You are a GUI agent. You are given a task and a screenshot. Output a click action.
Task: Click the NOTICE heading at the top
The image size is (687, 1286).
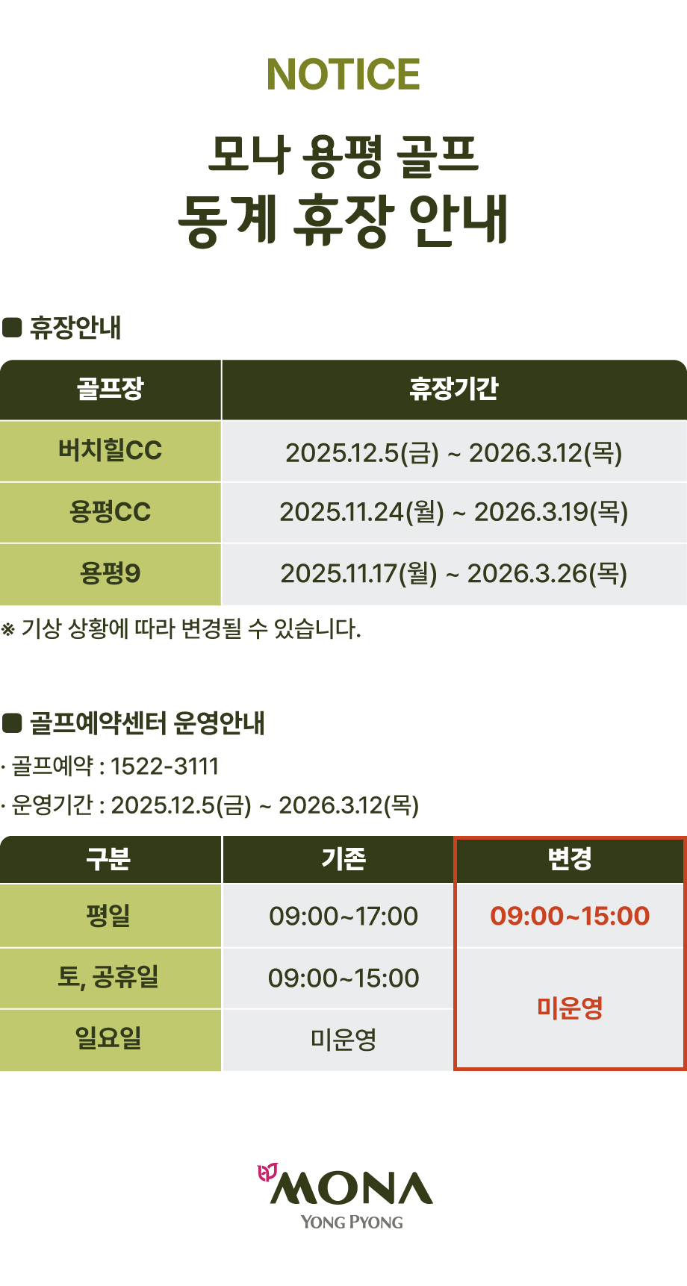(343, 74)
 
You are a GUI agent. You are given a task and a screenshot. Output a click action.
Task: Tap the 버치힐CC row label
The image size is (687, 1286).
(110, 451)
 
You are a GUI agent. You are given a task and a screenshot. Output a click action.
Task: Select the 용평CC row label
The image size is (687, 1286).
(110, 512)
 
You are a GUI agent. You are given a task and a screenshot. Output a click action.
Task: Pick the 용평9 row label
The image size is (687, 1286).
(110, 573)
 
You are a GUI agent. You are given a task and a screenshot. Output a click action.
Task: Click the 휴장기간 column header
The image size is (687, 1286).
(453, 389)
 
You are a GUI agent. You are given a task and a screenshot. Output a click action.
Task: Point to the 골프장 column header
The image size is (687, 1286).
(110, 389)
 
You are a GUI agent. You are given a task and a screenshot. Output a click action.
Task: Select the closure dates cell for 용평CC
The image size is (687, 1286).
(454, 512)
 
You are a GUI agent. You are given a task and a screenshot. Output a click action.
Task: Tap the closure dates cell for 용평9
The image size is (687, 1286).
(454, 573)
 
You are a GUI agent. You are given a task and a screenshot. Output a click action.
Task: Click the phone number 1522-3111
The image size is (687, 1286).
(164, 767)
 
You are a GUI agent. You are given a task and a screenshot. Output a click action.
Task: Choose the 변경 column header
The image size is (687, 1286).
(570, 859)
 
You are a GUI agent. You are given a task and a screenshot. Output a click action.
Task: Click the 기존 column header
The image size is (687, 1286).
(343, 859)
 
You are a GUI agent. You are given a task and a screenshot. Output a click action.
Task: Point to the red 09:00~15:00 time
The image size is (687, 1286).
(570, 916)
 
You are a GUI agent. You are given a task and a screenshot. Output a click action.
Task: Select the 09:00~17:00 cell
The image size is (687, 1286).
(343, 916)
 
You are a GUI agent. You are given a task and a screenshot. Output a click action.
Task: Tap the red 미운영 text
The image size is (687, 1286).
(570, 1008)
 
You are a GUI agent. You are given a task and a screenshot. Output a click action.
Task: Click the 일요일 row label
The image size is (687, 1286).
(109, 1038)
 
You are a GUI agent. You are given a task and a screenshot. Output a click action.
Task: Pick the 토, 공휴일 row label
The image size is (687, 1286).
(109, 977)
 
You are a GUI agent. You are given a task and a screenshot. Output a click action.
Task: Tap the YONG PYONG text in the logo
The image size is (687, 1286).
(352, 1223)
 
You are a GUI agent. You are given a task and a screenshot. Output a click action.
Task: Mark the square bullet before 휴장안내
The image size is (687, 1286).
(12, 328)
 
